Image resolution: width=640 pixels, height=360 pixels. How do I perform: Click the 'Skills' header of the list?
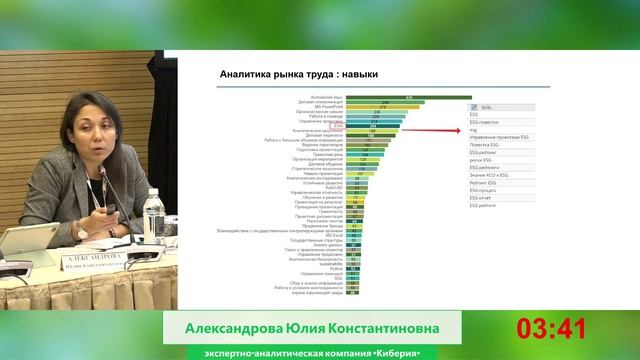(x=488, y=105)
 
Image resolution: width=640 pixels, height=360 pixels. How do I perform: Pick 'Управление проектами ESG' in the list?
(x=499, y=137)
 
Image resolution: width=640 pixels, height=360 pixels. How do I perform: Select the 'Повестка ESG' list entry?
(x=485, y=145)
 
